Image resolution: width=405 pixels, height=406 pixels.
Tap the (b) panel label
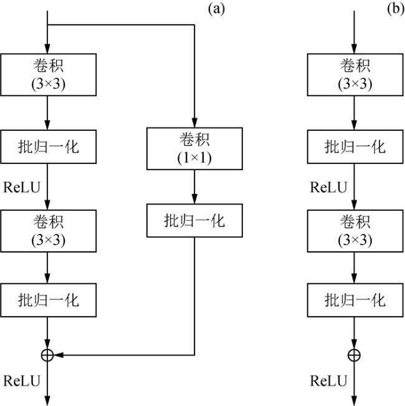(396, 9)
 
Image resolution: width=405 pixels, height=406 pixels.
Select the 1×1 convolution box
(194, 148)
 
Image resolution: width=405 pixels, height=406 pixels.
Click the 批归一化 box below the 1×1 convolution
(194, 220)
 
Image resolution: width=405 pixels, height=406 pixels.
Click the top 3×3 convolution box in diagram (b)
(355, 74)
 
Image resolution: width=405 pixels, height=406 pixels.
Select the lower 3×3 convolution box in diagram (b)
(355, 230)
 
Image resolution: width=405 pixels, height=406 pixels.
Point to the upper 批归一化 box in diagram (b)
(355, 147)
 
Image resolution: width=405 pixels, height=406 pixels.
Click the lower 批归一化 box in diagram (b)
(355, 300)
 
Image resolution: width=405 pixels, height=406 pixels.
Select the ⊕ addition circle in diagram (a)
(47, 355)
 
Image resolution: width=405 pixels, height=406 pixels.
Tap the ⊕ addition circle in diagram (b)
(355, 355)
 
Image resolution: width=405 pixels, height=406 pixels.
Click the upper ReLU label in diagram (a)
(20, 186)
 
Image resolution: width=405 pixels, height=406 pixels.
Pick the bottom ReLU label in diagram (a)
(20, 380)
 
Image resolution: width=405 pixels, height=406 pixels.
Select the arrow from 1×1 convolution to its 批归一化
(194, 186)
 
